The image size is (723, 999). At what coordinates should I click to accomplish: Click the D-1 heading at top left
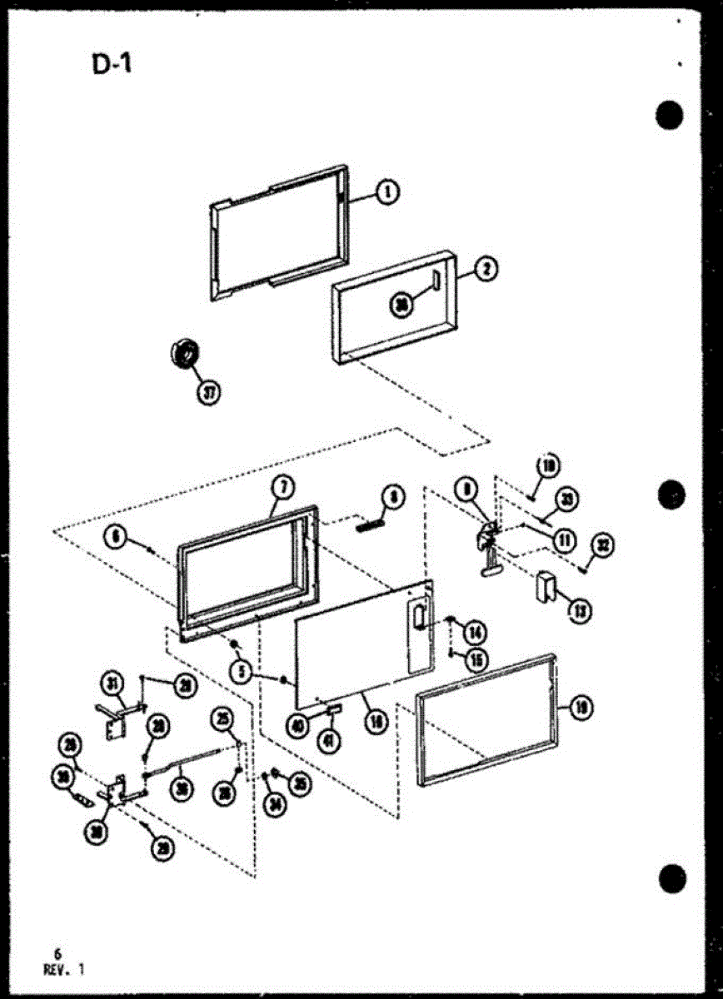point(112,64)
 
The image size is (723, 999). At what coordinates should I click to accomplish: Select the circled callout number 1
point(387,193)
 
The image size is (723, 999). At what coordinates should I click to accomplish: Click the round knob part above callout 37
point(183,353)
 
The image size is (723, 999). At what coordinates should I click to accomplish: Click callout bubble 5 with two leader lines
point(242,672)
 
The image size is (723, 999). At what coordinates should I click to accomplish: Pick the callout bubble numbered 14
point(476,632)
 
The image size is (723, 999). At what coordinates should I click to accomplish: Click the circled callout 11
point(565,540)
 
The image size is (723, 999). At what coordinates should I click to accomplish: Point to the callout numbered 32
point(601,546)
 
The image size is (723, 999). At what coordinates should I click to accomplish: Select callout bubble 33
point(566,499)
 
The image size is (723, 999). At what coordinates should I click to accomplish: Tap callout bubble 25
point(222,718)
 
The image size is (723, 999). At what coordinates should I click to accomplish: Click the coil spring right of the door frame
point(371,524)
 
